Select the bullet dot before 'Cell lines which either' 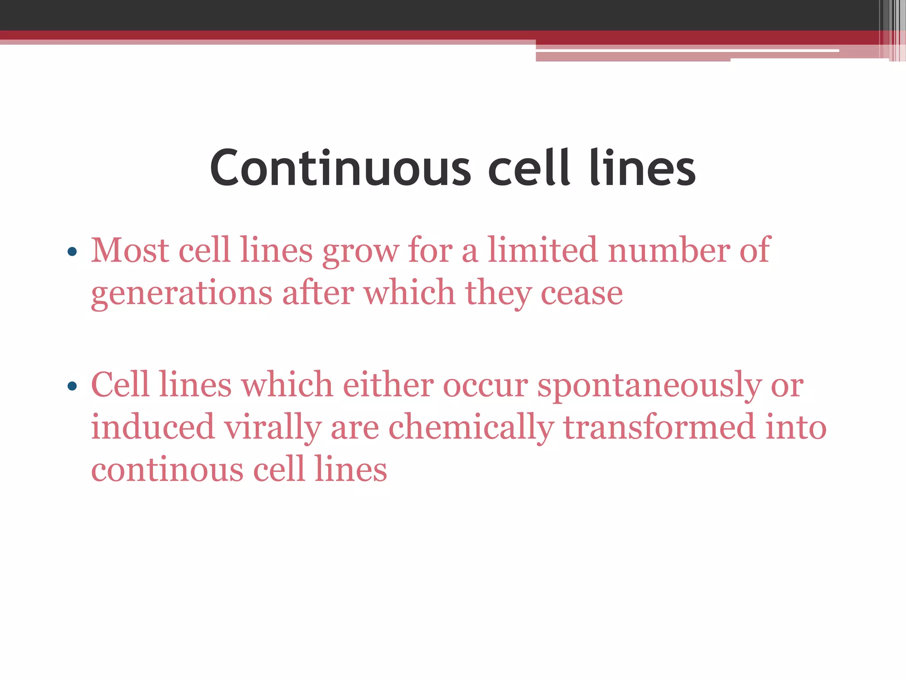pos(72,386)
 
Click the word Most pos(130,251)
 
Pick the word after pos(318,293)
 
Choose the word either pos(388,384)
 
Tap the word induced pos(153,427)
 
